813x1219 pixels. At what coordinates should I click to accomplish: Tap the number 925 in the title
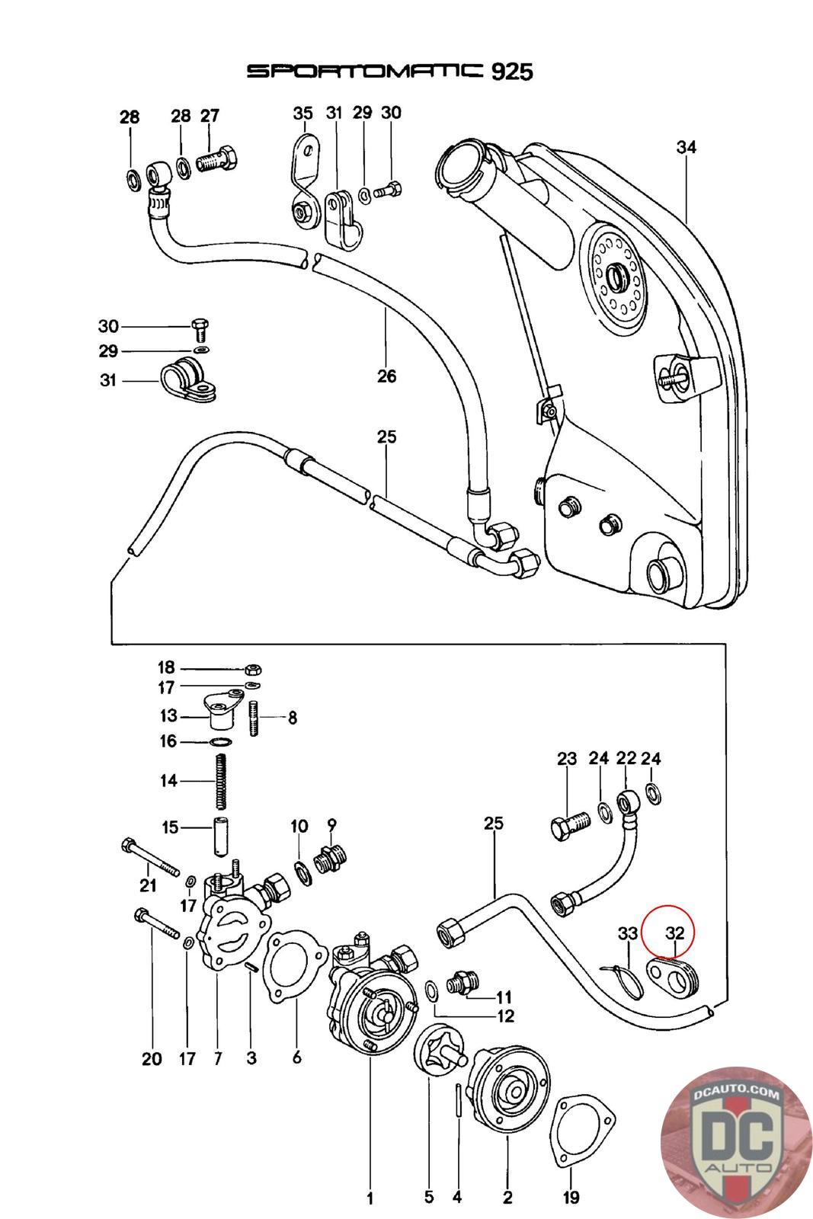511,72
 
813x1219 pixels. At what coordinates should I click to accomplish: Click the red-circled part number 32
675,933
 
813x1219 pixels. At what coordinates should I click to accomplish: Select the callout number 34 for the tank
686,147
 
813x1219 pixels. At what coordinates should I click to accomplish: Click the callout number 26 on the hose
387,376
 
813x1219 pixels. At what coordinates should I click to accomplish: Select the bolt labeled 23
570,825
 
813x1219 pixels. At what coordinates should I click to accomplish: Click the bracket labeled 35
304,179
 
